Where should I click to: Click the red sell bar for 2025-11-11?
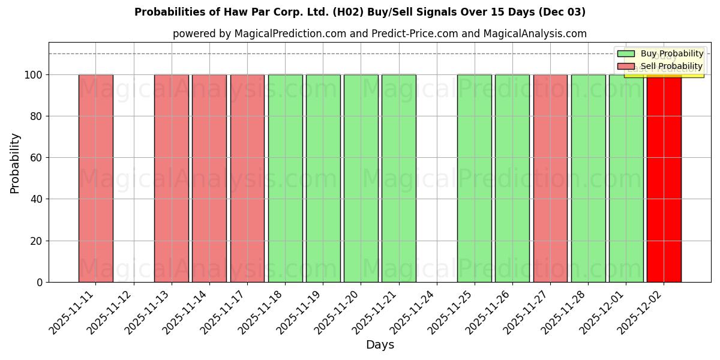click(x=95, y=178)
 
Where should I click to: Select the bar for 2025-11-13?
click(x=171, y=178)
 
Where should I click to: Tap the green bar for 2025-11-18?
click(x=285, y=178)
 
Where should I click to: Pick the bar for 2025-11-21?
click(x=398, y=178)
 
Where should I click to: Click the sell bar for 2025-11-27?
click(x=550, y=178)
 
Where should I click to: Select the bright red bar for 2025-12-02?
click(x=664, y=178)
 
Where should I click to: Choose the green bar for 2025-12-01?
click(x=626, y=178)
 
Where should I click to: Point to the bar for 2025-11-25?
click(x=474, y=178)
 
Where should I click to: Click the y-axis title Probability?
click(x=15, y=163)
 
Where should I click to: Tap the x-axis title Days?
click(x=380, y=345)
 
